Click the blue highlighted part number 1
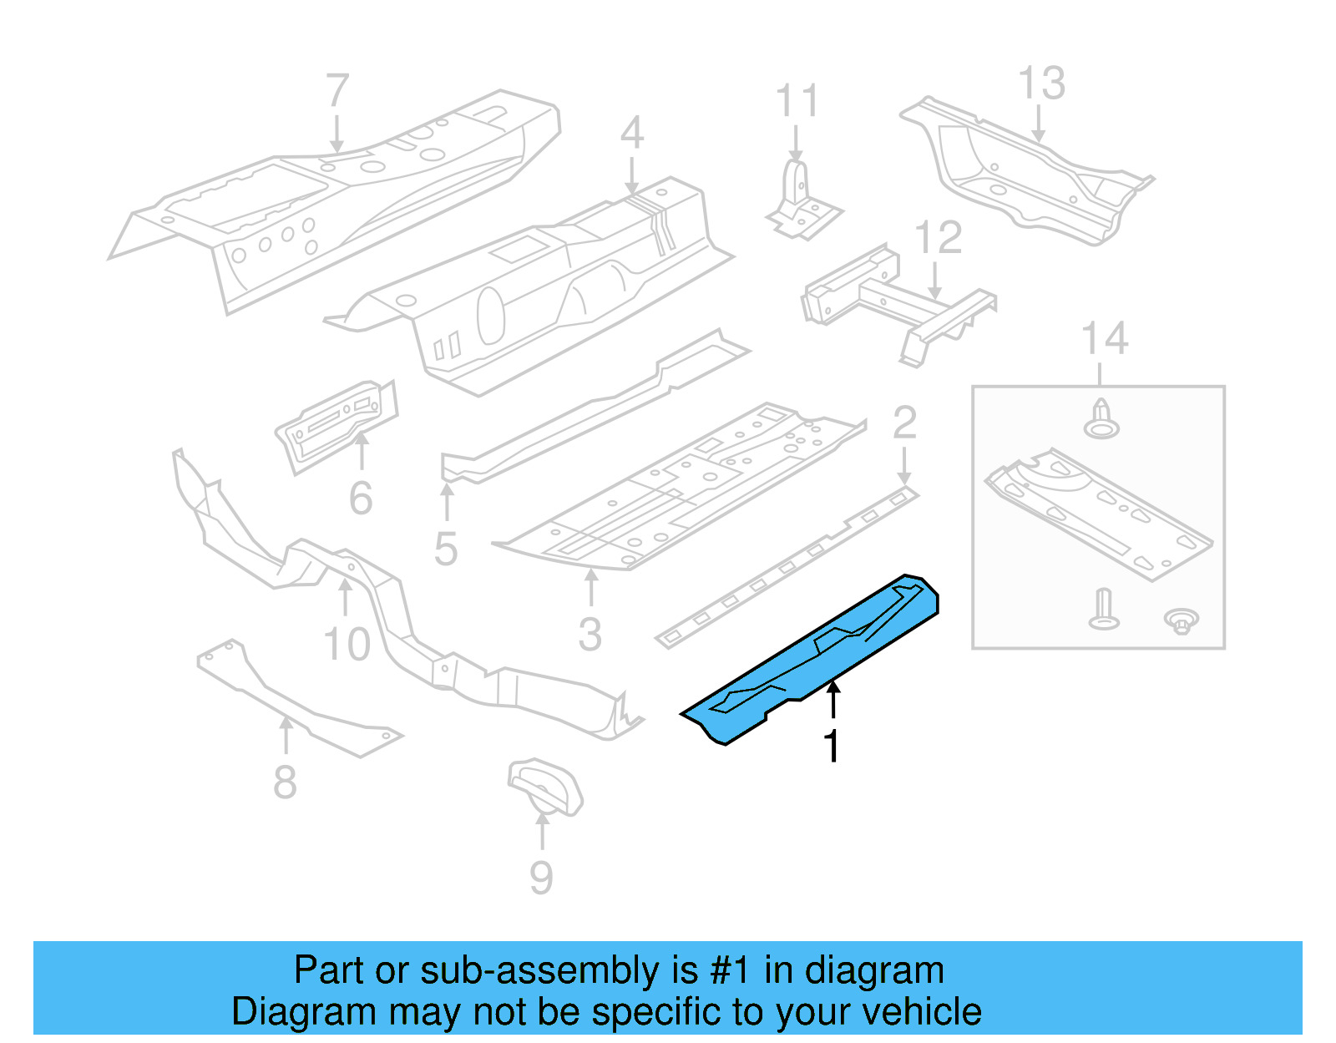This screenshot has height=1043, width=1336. tap(810, 660)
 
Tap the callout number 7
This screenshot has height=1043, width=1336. tap(337, 91)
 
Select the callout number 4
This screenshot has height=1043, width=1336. tap(632, 133)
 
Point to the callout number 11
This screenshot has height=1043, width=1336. tap(797, 101)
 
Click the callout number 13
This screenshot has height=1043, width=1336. tap(1042, 84)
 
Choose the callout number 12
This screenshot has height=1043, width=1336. tap(939, 238)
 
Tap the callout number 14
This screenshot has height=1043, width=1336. tap(1104, 339)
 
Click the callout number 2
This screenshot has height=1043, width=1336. tap(904, 423)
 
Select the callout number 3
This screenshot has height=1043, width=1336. tap(590, 635)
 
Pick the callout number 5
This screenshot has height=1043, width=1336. tap(446, 549)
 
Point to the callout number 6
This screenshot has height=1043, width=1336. tap(361, 499)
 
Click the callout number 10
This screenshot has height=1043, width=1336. tap(347, 644)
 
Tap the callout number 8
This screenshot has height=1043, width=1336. tap(285, 782)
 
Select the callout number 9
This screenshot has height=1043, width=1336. tap(541, 878)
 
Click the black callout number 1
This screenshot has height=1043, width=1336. tap(831, 746)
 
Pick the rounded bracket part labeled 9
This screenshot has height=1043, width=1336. tap(544, 786)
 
